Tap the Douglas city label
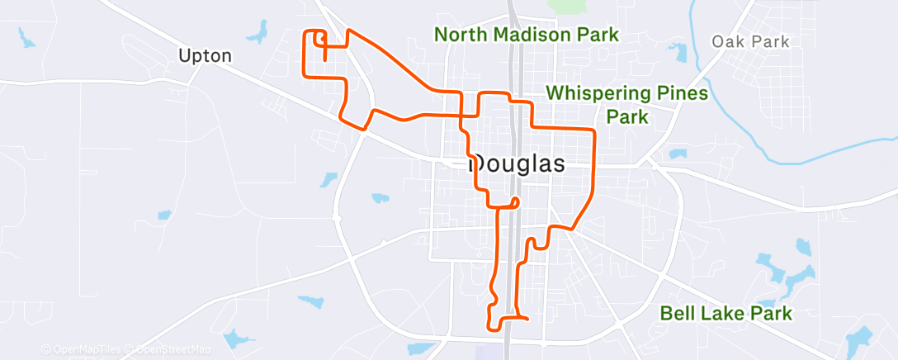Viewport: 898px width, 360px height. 518,163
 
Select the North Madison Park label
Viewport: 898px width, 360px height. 527,35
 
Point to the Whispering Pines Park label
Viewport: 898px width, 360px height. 627,104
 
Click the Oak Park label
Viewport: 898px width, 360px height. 750,41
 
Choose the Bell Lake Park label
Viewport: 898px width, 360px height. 726,313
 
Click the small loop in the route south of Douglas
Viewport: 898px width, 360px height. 515,201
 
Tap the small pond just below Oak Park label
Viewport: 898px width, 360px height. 678,53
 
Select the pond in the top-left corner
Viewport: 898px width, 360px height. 26,36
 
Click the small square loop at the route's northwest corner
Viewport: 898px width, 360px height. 315,37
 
